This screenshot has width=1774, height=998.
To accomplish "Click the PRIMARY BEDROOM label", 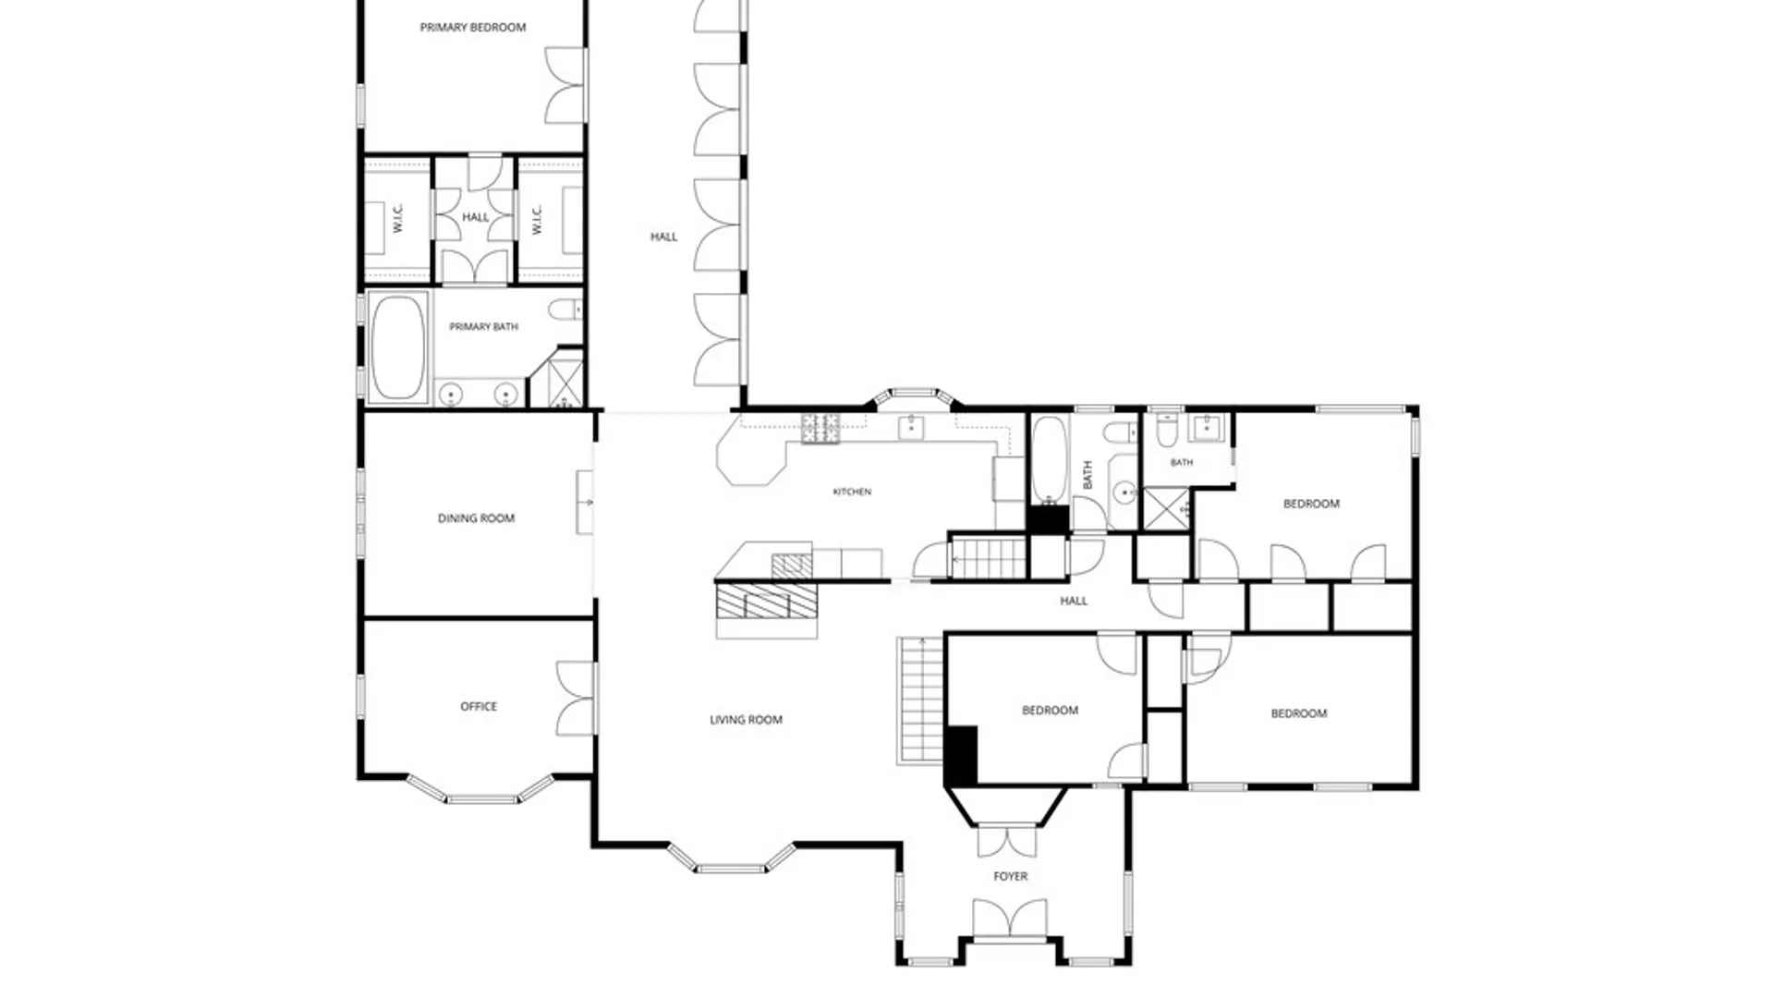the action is pos(473,28).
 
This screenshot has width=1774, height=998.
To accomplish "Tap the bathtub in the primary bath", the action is pos(398,347).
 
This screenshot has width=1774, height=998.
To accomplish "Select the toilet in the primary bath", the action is pos(565,309).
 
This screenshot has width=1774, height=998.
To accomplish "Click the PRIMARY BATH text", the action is pos(483,326).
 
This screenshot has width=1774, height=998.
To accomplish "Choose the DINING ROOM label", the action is pos(476,518).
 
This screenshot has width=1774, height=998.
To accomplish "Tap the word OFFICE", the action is pos(479,706).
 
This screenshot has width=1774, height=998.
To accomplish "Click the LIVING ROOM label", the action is pos(746,720).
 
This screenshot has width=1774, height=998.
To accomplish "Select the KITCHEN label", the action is pos(852,492).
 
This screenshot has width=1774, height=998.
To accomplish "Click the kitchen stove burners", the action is pos(820,428).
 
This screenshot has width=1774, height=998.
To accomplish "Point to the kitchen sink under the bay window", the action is pos(912,426).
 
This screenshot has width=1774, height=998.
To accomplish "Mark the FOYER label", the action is pos(1010,876).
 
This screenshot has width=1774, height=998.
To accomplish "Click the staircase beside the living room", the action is pos(919,700).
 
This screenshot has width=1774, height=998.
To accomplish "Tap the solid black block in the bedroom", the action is pos(961,756).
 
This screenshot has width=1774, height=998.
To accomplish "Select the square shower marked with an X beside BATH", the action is pos(1167,509).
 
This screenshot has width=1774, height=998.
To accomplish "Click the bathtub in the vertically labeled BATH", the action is pos(1049,459).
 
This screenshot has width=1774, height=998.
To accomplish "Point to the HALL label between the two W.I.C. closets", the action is pos(475,217).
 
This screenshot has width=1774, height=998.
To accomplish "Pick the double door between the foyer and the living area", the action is pos(1007,840).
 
